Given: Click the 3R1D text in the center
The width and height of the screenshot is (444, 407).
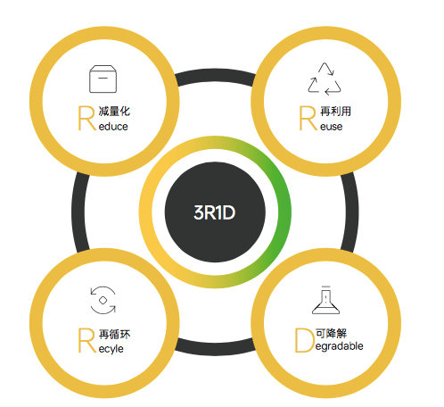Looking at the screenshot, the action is click(214, 212).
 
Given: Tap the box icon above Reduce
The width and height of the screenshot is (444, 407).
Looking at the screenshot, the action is click(103, 79).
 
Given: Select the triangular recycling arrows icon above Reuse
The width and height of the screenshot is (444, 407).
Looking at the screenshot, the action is click(325, 79).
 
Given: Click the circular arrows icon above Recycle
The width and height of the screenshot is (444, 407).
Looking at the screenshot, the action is click(103, 300).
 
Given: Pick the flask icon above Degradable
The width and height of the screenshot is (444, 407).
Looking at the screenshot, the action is click(325, 300).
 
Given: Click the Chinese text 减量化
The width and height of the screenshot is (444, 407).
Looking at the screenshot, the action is click(114, 112).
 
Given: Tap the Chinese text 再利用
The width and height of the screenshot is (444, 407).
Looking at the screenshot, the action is click(335, 112).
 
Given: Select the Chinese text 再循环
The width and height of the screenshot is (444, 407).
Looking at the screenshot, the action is click(114, 334).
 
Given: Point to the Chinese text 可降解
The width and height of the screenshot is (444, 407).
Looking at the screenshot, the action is click(331, 333).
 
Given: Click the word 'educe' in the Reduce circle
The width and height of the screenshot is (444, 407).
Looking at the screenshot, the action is click(113, 127).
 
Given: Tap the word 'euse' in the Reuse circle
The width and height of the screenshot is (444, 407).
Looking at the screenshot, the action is click(331, 127).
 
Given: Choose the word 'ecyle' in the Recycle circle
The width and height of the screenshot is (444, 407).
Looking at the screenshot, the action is click(111, 349).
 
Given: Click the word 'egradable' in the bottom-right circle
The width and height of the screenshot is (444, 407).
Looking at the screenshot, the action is click(339, 346).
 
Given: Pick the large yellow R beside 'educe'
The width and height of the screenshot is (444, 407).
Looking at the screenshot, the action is click(86, 118).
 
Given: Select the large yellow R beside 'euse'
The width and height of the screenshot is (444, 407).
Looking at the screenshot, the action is click(308, 118).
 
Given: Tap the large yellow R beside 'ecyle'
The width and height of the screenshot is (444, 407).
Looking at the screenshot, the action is click(86, 340).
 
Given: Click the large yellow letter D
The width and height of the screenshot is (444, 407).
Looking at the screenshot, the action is click(304, 340).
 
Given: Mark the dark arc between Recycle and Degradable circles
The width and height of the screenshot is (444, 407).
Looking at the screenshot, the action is click(215, 349).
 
